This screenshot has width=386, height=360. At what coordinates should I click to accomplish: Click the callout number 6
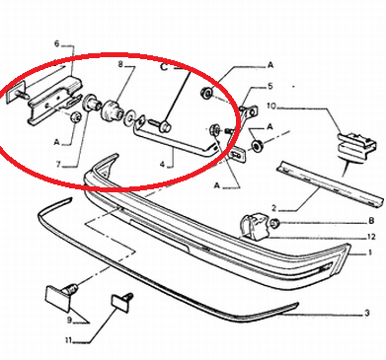point(57,43)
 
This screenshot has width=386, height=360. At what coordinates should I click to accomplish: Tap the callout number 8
point(120,65)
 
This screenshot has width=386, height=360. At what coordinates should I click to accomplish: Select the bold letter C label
point(164,67)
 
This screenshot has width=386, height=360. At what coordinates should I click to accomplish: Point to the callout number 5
point(270,86)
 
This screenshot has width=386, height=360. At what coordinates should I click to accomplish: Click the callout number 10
point(271,107)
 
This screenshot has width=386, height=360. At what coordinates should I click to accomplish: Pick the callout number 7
point(58,164)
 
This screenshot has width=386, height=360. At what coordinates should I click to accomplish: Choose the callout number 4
point(162,164)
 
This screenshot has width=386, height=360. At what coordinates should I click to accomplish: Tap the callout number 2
point(274,208)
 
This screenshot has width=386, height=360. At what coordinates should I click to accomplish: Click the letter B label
point(371,220)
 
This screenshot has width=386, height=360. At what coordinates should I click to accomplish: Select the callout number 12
point(371,237)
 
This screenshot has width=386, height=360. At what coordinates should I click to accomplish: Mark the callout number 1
point(369,252)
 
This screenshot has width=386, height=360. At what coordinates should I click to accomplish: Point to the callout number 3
point(367,313)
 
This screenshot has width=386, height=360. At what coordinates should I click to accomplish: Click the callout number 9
point(69,320)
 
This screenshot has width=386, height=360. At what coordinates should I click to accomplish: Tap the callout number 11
point(68,340)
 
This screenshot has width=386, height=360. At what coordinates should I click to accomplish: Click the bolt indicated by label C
point(160,126)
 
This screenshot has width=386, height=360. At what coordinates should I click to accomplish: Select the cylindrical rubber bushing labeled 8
point(112,111)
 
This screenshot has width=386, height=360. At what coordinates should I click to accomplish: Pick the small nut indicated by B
point(273,224)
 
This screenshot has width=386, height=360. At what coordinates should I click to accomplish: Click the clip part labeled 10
point(357,148)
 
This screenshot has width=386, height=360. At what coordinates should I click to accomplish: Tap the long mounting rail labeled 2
point(331,183)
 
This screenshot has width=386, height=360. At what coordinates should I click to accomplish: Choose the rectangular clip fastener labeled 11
point(121,303)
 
